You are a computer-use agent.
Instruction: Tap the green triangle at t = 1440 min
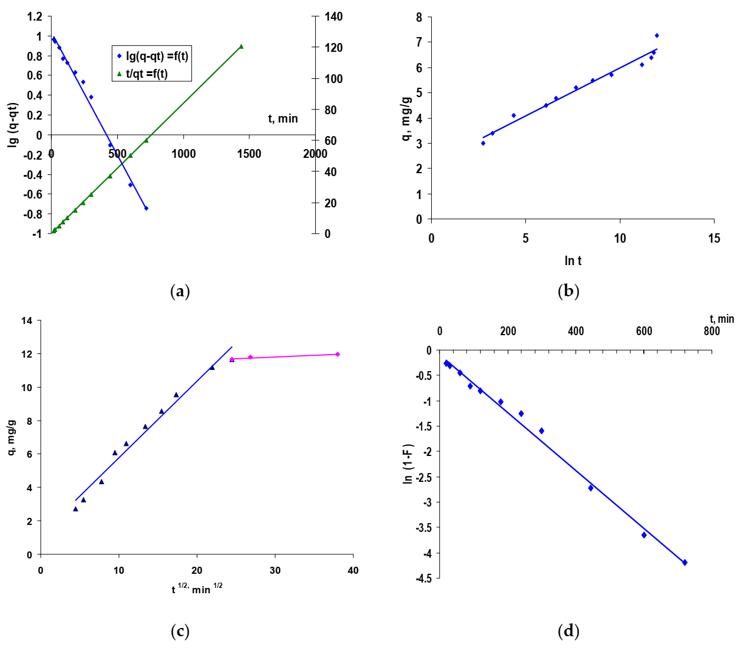241,47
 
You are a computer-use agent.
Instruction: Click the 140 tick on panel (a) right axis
333,16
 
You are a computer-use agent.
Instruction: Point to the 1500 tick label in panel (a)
249,154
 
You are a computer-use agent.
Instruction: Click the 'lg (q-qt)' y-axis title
13,124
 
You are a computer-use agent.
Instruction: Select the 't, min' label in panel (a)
283,118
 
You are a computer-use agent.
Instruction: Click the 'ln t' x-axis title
573,261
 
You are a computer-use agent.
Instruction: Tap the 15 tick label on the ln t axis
714,239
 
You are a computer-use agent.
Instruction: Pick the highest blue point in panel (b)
657,35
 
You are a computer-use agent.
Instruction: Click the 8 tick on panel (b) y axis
419,17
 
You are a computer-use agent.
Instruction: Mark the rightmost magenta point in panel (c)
338,354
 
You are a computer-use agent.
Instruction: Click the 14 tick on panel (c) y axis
27,321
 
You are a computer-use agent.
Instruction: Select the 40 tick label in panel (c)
353,570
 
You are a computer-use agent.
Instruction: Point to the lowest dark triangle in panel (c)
75,509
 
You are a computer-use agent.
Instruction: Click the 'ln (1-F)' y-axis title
408,464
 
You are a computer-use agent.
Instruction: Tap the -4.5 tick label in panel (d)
423,578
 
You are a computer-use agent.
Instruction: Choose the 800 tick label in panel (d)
712,331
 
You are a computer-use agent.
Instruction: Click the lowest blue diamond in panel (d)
684,563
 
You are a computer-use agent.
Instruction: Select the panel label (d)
568,632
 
